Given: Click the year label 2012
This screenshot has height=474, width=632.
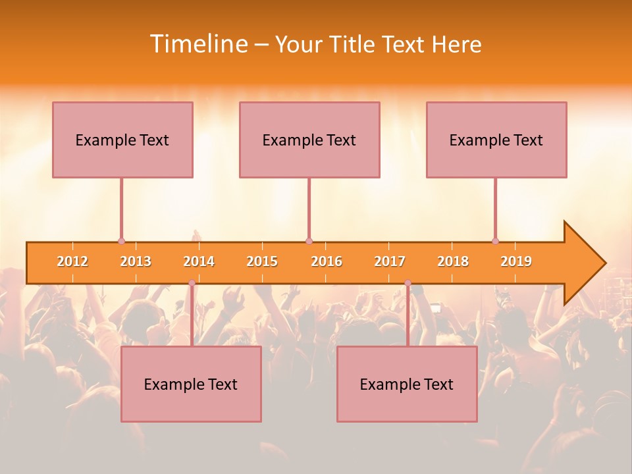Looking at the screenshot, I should click(72, 261).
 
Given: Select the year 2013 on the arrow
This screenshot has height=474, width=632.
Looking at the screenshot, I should click(136, 261).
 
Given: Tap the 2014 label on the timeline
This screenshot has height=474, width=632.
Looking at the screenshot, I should click(199, 261).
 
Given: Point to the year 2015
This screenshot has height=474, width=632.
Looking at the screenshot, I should click(262, 261).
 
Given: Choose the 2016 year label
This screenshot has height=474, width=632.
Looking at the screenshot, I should click(327, 261).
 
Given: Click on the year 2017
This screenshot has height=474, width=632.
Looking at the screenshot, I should click(390, 261).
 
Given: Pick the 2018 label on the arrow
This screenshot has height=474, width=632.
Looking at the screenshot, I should click(453, 261).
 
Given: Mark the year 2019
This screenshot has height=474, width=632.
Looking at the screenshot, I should click(516, 261).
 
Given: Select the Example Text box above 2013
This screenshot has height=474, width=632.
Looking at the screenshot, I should click(122, 140).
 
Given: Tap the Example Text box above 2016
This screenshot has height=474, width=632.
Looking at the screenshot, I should click(309, 140).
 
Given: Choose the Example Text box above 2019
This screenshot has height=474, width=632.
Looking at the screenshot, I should click(496, 140).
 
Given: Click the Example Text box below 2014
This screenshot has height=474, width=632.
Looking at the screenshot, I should click(191, 384).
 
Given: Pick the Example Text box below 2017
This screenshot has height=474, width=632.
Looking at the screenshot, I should click(407, 384).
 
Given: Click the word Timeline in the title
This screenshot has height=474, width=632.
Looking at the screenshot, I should click(197, 44).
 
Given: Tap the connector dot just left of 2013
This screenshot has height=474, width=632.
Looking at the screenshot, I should click(121, 242).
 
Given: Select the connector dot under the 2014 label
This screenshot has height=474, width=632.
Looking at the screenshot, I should click(192, 283).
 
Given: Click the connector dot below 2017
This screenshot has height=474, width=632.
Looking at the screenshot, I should click(408, 283).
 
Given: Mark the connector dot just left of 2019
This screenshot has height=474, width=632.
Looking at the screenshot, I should click(495, 242).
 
